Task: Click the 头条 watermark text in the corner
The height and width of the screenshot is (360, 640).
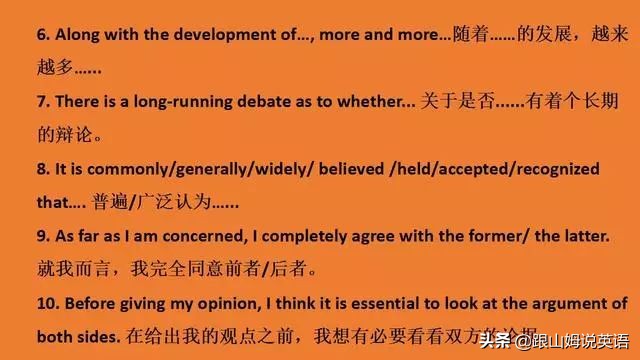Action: [x=494, y=338]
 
